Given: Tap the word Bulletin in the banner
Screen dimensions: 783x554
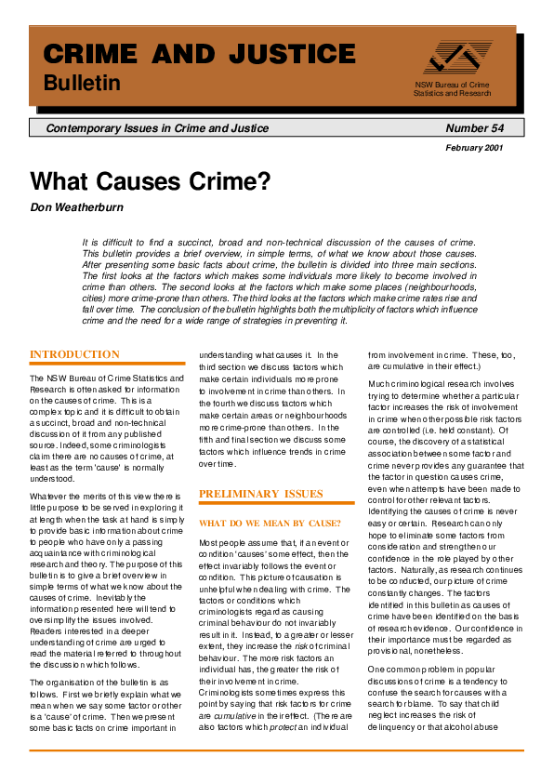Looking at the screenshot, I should pyautogui.click(x=83, y=84).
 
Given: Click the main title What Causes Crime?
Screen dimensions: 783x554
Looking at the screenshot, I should pyautogui.click(x=150, y=180).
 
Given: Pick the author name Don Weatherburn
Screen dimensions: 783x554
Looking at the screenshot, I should pyautogui.click(x=80, y=206).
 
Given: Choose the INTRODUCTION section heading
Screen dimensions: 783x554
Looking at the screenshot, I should pyautogui.click(x=74, y=354).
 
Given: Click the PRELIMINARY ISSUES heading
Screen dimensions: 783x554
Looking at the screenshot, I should pyautogui.click(x=261, y=494).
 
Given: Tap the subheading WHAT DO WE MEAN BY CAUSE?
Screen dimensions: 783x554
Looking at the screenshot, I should pyautogui.click(x=270, y=524).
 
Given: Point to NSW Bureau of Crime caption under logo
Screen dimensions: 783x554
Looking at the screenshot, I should pyautogui.click(x=452, y=86).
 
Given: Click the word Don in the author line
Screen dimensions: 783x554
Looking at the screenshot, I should pyautogui.click(x=41, y=206).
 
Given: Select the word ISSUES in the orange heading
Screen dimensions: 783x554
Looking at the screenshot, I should pyautogui.click(x=302, y=494).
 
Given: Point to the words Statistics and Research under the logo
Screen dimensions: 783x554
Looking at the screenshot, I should pyautogui.click(x=452, y=94).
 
